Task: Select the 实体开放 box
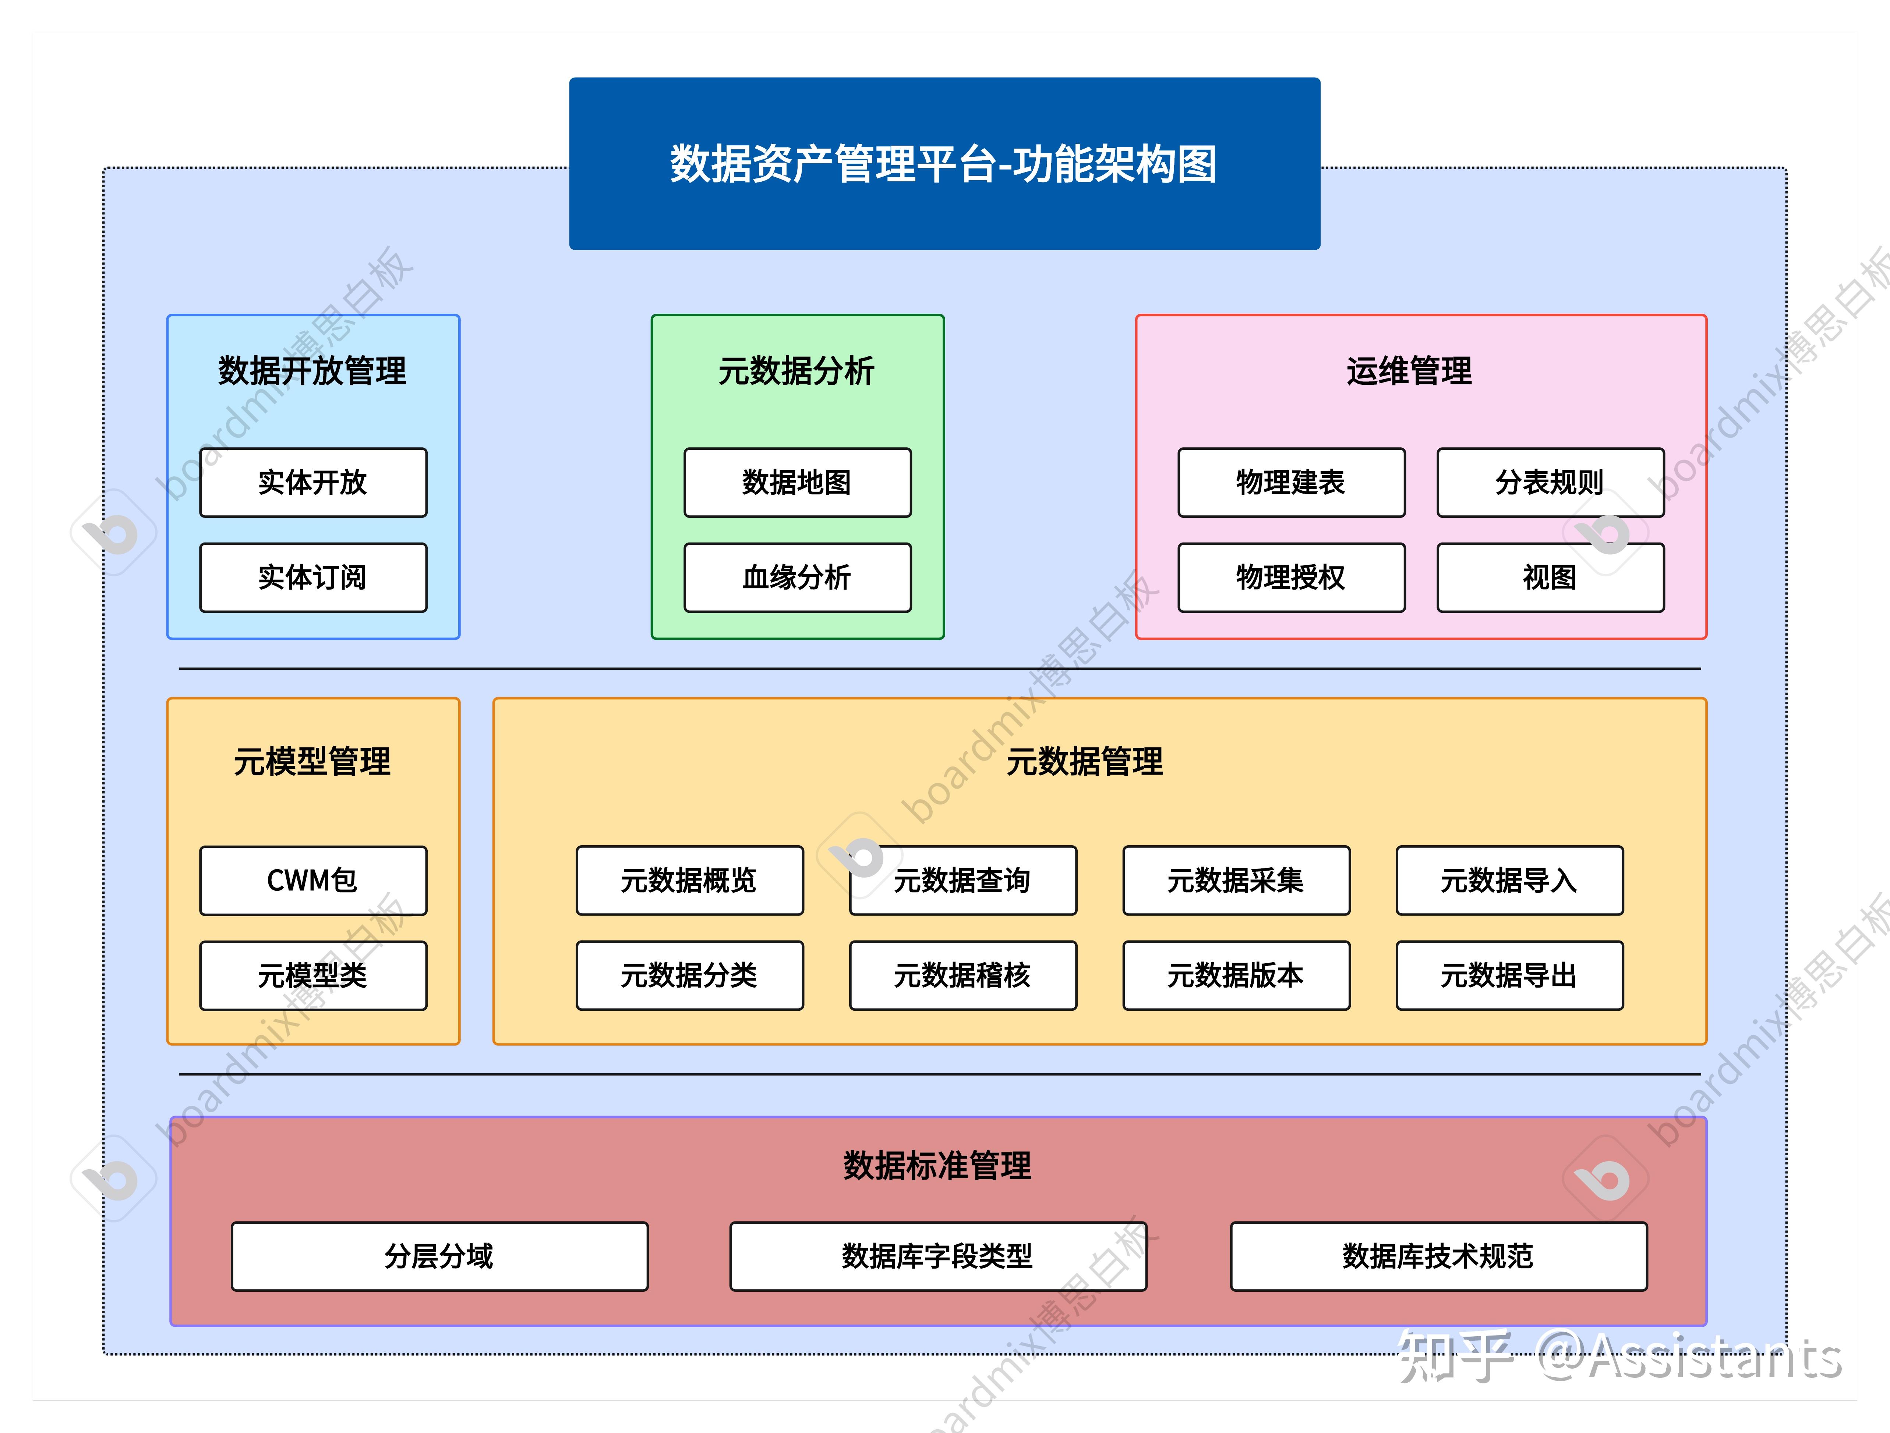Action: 313,483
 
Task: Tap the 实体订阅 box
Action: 313,577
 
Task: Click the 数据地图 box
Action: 797,483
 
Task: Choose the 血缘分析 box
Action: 797,577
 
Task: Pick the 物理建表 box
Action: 1290,483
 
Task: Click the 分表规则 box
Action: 1550,483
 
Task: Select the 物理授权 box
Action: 1290,577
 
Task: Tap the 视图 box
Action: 1550,577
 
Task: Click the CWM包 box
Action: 313,881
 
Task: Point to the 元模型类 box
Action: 313,975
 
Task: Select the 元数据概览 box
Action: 689,881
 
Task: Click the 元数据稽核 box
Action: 963,975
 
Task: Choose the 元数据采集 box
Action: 1236,881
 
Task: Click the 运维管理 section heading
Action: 1409,371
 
